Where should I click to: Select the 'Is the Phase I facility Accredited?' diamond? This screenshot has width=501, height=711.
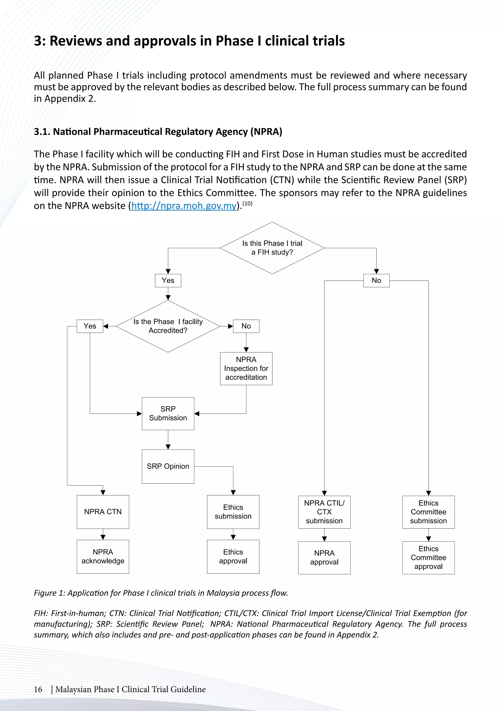(x=168, y=326)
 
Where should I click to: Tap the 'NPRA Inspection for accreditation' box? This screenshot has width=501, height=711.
(x=246, y=368)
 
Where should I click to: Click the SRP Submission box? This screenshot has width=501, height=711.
(x=168, y=413)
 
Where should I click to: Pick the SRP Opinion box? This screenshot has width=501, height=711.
(x=168, y=466)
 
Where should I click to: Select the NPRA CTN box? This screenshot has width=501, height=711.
(x=103, y=512)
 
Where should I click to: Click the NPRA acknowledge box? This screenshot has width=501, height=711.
(x=103, y=556)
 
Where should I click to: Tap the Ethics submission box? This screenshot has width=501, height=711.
(x=233, y=512)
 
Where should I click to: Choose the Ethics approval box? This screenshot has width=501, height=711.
(x=233, y=556)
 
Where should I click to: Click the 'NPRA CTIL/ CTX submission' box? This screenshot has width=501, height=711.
(x=324, y=512)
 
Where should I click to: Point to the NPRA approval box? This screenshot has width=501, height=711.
(x=324, y=557)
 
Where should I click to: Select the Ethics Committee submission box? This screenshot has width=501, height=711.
(x=428, y=512)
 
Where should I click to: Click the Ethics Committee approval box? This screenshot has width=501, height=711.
(x=428, y=557)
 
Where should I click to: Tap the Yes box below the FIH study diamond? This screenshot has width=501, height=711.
(x=168, y=280)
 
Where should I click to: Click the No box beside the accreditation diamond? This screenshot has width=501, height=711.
(x=246, y=326)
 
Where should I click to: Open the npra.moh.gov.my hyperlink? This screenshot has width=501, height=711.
(x=184, y=206)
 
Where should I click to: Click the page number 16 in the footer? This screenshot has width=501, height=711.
(x=38, y=689)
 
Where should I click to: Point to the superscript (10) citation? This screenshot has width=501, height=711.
(x=247, y=204)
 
